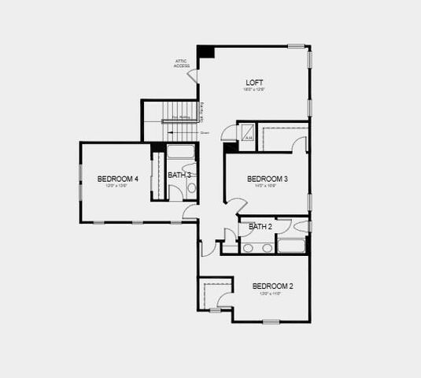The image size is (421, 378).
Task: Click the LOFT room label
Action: tap(253, 82)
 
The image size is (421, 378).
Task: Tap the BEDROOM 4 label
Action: tap(118, 180)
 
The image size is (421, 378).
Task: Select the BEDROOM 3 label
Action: tap(267, 180)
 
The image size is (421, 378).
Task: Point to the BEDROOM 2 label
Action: tap(272, 286)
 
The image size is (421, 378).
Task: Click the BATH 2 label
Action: tap(260, 227)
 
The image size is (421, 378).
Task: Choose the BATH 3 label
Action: tap(179, 175)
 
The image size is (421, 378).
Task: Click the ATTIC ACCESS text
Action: tap(182, 64)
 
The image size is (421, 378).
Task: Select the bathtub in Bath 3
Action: tap(181, 154)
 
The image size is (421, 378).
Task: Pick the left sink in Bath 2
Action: tap(249, 247)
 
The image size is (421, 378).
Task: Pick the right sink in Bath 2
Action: tap(267, 247)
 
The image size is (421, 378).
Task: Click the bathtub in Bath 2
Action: tap(293, 247)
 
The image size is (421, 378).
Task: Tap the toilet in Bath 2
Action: tap(302, 227)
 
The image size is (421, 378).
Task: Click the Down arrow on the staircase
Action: tap(194, 133)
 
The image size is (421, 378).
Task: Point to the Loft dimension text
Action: tap(253, 90)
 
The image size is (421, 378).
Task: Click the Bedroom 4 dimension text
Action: tap(118, 187)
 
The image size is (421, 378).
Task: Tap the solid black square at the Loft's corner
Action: tap(205, 52)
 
